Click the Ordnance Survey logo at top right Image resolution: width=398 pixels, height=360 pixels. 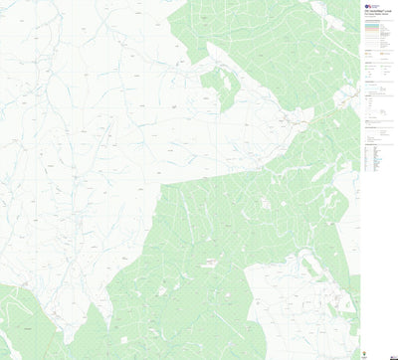pos(369,5)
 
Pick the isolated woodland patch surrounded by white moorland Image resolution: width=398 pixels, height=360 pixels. pos(220,87)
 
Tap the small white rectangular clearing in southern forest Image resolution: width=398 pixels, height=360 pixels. pos(210,263)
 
